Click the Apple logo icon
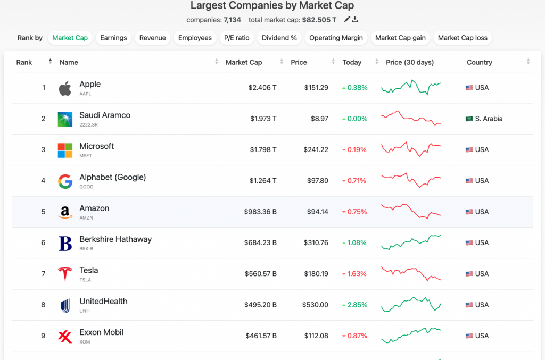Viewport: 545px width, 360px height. (65, 88)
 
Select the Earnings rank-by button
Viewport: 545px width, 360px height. (113, 38)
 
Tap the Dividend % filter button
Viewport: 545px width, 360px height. (279, 38)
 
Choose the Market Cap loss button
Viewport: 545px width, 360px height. (463, 38)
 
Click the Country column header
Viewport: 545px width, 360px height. (479, 62)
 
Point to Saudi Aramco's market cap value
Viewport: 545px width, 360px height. (263, 119)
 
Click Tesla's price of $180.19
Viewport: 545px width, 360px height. (316, 274)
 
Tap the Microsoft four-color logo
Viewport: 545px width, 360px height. (65, 150)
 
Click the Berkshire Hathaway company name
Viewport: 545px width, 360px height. (115, 239)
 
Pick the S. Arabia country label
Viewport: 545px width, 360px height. (489, 119)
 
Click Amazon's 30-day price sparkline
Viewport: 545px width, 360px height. (411, 211)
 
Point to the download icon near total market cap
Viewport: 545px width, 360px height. (355, 20)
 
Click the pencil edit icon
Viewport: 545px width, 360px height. (347, 20)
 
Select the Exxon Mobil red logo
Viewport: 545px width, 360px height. (65, 336)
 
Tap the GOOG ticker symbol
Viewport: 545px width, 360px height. (86, 187)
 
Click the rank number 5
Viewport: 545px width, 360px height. (43, 212)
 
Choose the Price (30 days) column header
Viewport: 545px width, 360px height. (410, 62)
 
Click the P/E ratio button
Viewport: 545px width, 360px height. (236, 38)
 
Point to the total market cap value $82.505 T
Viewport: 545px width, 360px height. (319, 20)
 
